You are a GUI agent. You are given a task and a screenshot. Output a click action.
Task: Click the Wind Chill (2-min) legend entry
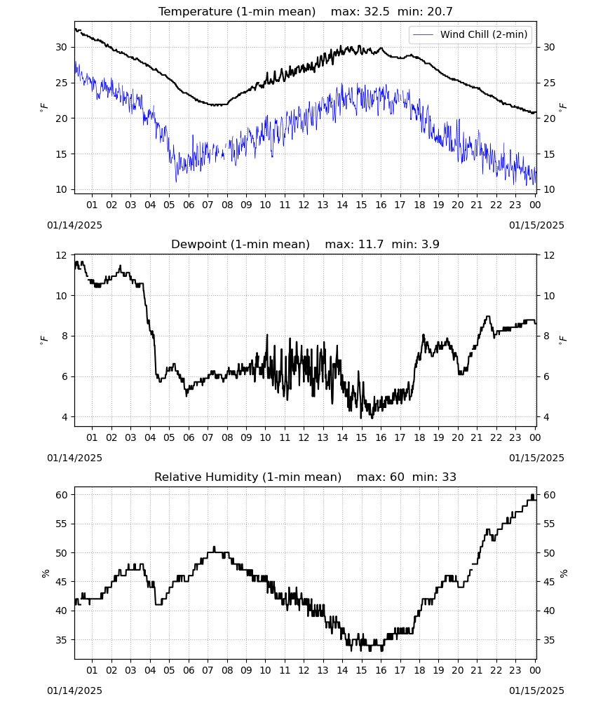[x=470, y=34]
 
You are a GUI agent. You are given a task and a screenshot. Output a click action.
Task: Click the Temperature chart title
[x=237, y=11]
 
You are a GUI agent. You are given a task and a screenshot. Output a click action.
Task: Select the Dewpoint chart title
[x=241, y=244]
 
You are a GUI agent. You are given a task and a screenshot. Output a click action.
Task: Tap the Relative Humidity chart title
[x=248, y=477]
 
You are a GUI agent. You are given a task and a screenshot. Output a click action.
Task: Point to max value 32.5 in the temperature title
[x=377, y=11]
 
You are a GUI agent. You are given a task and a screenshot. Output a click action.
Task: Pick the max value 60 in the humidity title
[x=397, y=477]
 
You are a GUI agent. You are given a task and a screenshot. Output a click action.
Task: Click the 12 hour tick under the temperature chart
[x=304, y=205]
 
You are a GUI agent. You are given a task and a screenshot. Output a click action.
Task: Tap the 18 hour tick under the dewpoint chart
[x=419, y=437]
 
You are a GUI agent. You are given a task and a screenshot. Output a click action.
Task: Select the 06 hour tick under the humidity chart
[x=188, y=670]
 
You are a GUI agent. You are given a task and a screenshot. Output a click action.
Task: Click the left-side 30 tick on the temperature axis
[x=61, y=47]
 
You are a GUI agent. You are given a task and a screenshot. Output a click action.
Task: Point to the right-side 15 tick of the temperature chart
[x=549, y=154]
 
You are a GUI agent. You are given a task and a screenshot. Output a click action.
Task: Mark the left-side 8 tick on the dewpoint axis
[x=64, y=336]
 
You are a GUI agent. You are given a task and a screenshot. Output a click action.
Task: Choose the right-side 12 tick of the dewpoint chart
[x=549, y=255]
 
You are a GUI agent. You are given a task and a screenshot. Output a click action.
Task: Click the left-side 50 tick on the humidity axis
[x=61, y=552]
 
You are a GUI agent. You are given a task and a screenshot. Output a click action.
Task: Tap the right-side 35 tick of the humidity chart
[x=549, y=640]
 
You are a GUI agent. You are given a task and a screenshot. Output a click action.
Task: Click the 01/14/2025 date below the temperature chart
[x=74, y=225]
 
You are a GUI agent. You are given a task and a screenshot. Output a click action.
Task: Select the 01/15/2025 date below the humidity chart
[x=536, y=690]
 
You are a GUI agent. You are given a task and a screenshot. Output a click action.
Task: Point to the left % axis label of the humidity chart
[x=45, y=573]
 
